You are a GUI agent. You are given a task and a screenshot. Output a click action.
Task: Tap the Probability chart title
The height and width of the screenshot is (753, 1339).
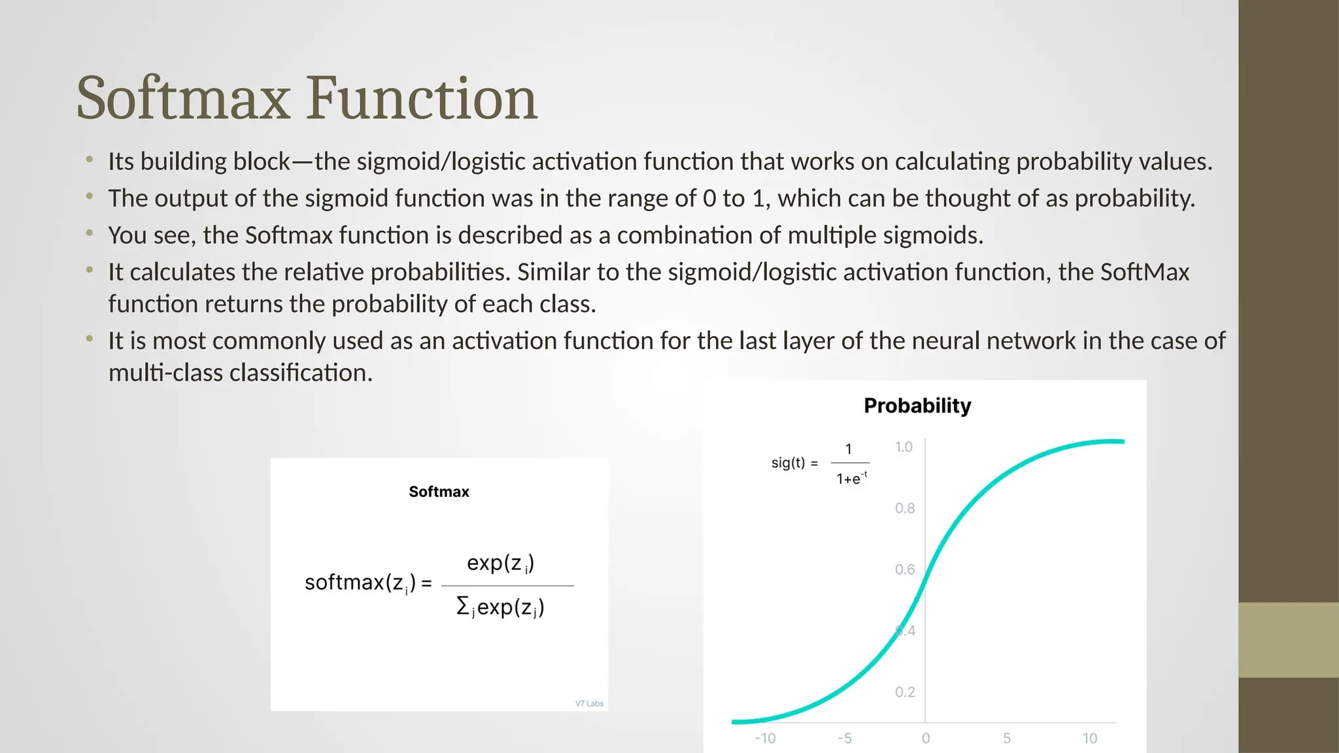(x=917, y=406)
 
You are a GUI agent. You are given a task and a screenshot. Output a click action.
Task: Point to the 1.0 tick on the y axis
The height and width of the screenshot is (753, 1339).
(x=904, y=447)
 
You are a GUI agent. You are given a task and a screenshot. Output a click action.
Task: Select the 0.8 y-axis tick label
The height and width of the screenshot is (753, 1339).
(x=905, y=509)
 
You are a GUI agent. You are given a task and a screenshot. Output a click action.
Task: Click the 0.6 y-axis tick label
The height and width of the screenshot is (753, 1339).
(x=905, y=570)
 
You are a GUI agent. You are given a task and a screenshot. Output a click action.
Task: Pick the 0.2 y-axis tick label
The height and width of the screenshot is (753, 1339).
(x=905, y=692)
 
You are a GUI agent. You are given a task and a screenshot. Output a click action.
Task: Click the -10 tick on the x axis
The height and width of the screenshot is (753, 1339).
(x=765, y=739)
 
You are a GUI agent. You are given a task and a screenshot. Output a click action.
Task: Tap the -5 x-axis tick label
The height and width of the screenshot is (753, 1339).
(x=844, y=739)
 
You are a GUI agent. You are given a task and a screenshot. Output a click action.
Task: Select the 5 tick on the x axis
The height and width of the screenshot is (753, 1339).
(x=1007, y=739)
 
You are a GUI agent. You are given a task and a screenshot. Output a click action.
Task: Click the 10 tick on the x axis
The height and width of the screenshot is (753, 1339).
(x=1089, y=739)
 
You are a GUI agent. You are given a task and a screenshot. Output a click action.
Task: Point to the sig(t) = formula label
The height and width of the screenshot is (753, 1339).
(x=794, y=463)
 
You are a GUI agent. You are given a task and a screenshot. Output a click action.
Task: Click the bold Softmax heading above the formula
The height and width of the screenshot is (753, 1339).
(x=439, y=492)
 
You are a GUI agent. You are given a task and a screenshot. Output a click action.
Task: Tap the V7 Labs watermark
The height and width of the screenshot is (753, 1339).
(x=589, y=704)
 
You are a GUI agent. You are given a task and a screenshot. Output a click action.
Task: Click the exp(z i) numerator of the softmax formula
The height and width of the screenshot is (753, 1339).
(x=500, y=563)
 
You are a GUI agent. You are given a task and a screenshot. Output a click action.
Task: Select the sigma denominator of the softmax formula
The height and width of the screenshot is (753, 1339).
(x=500, y=608)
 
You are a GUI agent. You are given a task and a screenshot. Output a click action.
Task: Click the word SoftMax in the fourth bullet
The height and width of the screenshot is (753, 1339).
(x=1145, y=272)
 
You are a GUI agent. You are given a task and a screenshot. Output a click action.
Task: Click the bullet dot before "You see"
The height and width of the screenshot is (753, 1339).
(x=90, y=233)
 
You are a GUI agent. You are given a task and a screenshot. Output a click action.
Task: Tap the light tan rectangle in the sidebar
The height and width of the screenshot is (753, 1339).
(x=1288, y=640)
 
